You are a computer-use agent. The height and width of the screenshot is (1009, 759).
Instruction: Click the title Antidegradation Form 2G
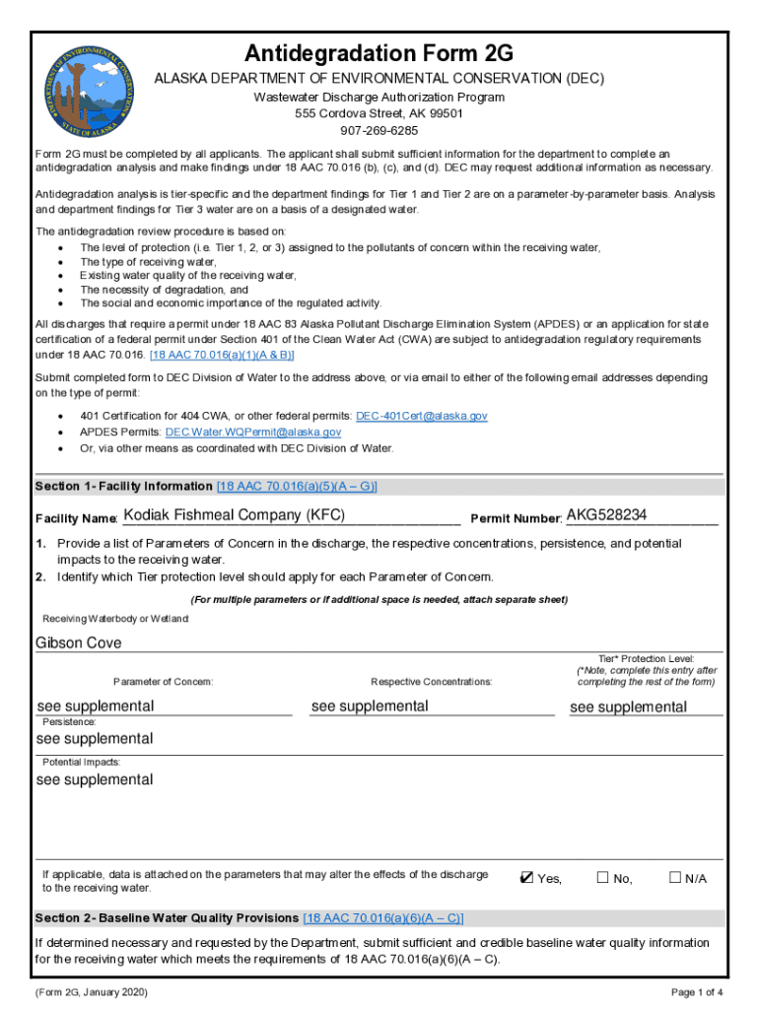[x=379, y=53]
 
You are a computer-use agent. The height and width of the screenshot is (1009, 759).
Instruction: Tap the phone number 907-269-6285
[x=379, y=130]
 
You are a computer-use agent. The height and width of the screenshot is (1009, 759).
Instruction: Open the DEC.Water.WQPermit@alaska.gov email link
[x=253, y=432]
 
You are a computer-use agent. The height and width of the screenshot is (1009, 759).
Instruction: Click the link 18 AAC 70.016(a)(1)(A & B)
[x=222, y=354]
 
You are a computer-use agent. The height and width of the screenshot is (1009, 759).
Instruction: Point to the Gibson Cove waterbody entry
[x=79, y=642]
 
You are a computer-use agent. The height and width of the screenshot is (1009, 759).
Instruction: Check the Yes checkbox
[x=527, y=878]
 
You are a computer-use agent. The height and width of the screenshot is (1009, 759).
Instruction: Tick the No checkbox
[x=602, y=878]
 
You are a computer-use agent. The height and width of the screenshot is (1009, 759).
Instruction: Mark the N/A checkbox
[x=675, y=878]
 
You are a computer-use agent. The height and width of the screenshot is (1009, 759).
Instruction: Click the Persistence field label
[x=69, y=721]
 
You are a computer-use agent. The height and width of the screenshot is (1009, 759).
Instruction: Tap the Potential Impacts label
[x=81, y=762]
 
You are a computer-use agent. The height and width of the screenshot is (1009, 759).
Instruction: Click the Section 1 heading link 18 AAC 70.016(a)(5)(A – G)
[x=297, y=486]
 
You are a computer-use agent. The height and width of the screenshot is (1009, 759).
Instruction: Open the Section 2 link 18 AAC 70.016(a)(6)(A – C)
[x=383, y=917]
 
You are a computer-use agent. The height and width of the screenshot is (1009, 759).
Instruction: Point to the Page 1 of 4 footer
[x=697, y=991]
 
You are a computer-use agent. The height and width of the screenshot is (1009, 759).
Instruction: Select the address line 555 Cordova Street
[x=379, y=113]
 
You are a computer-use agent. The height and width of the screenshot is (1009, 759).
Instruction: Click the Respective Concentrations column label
[x=432, y=682]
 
